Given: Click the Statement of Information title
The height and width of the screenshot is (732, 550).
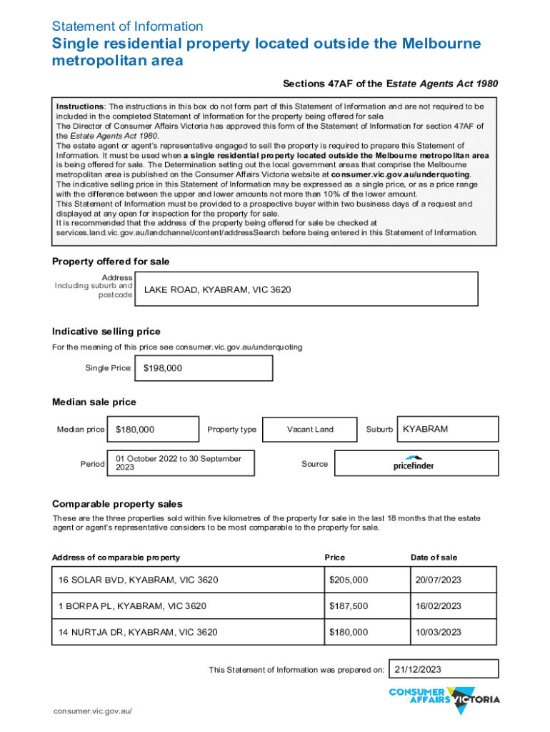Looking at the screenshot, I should coord(128,26).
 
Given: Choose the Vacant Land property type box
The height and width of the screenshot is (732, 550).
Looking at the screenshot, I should coord(309,430).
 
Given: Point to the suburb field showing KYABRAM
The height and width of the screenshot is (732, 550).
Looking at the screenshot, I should coord(448,430).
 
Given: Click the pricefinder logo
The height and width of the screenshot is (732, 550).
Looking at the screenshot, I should coord(414,463).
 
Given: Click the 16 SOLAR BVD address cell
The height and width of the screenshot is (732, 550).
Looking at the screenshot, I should coord(187,579).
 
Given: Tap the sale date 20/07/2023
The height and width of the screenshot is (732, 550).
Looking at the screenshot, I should coord(454,579).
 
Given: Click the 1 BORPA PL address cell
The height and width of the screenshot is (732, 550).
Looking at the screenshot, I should coord(187,606).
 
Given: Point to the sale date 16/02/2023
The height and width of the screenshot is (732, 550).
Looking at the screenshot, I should coord(454,606).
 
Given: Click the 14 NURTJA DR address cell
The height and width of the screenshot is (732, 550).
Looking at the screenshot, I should coord(187,633).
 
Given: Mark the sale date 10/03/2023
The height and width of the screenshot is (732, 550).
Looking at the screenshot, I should coord(454,633).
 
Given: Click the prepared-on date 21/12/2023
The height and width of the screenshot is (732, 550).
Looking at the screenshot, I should coord(443,669).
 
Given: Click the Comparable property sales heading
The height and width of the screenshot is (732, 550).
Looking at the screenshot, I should coord(117,504).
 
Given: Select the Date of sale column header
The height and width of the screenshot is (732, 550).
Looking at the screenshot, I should coord(434,558).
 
